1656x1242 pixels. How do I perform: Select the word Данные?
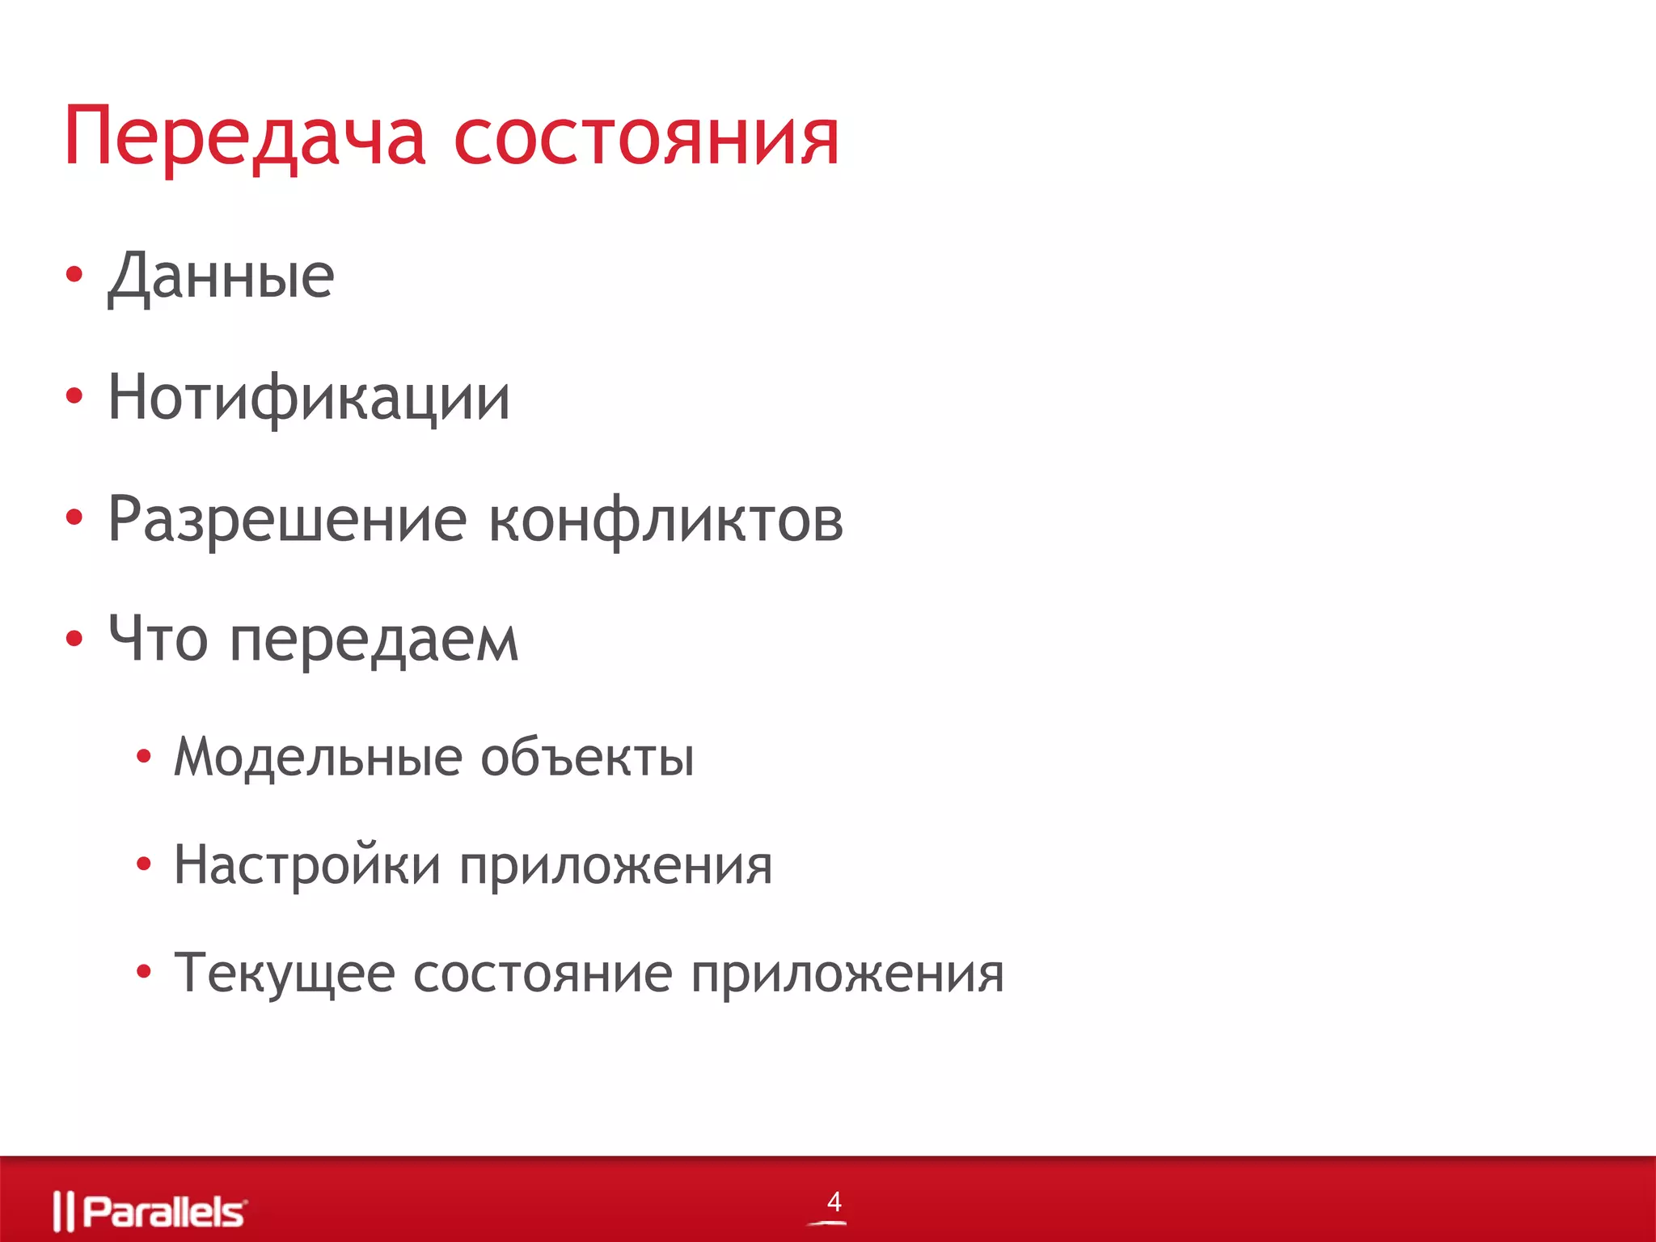[x=221, y=277]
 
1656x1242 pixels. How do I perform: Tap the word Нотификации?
[x=309, y=398]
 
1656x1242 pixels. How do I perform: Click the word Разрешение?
[x=287, y=519]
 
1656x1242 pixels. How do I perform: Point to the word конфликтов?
[x=666, y=519]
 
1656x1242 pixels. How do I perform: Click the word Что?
[x=158, y=639]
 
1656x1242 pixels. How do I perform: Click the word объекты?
[x=588, y=758]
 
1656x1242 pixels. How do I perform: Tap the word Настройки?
[x=307, y=865]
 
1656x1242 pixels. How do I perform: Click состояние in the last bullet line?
[x=543, y=974]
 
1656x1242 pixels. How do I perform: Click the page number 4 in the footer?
[x=834, y=1202]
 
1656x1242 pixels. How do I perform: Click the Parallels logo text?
[x=164, y=1212]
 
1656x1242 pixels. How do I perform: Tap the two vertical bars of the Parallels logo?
[x=63, y=1212]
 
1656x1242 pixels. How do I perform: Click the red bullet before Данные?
[x=74, y=276]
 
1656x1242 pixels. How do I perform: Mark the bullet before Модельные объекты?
[x=144, y=758]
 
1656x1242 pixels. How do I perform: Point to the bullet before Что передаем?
[x=74, y=640]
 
